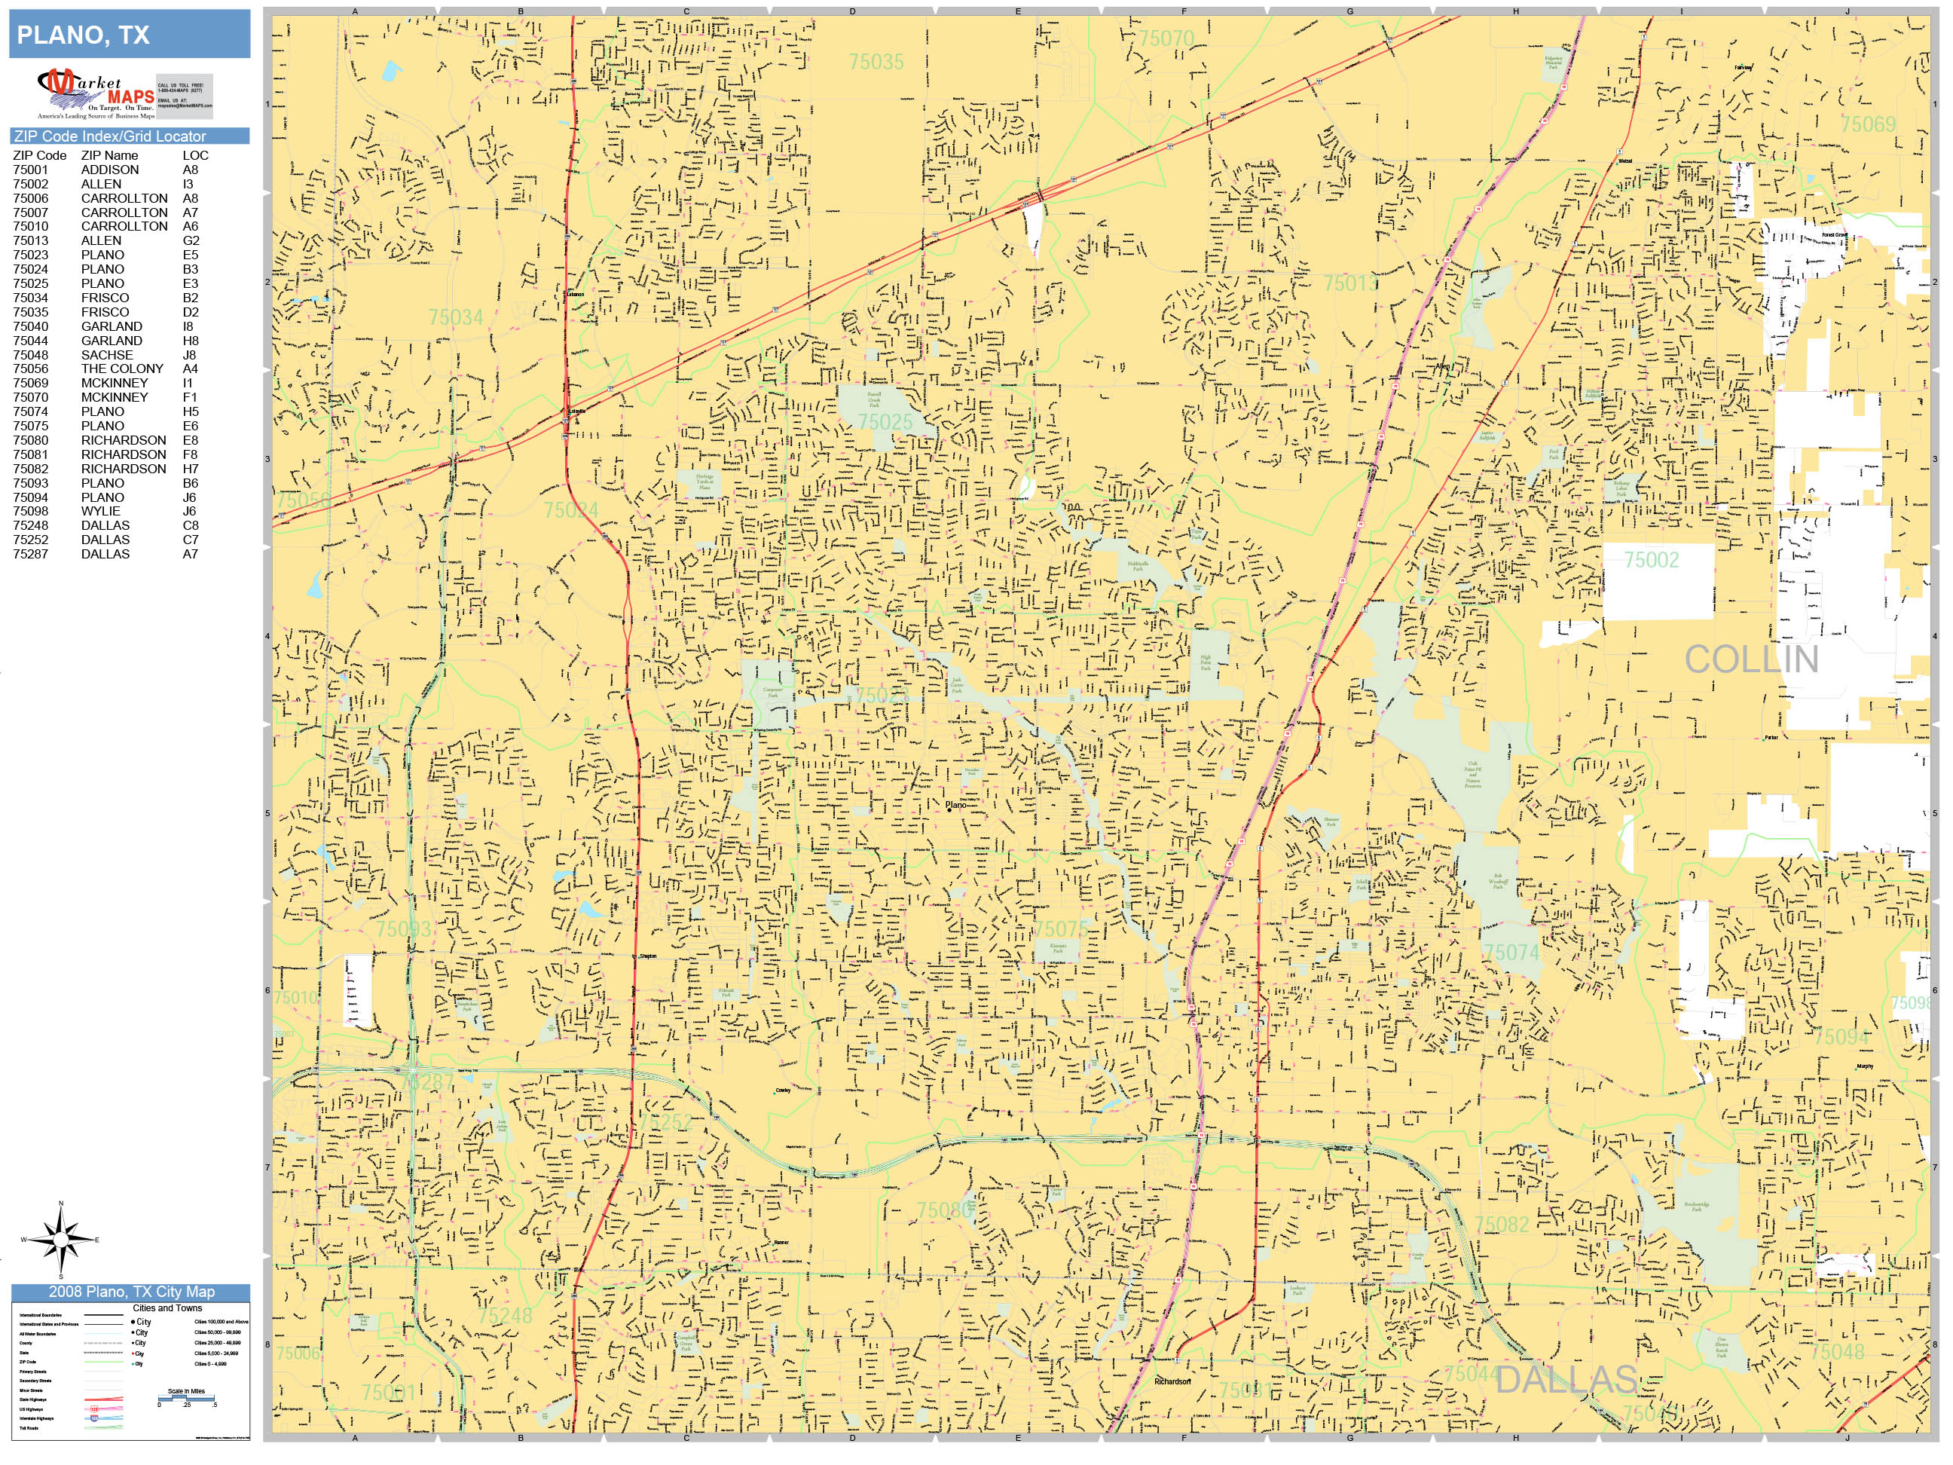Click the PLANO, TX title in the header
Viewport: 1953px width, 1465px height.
pyautogui.click(x=83, y=35)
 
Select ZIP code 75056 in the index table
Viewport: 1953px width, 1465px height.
pyautogui.click(x=31, y=369)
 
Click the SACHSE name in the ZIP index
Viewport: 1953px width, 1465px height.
pyautogui.click(x=107, y=355)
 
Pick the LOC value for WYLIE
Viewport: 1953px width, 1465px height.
pyautogui.click(x=190, y=511)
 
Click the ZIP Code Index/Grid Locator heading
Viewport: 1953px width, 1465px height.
pyautogui.click(x=109, y=136)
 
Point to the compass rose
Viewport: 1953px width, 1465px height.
pyautogui.click(x=61, y=1240)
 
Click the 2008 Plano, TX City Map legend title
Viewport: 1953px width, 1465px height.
pyautogui.click(x=130, y=1291)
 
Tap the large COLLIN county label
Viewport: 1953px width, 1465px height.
pyautogui.click(x=1751, y=659)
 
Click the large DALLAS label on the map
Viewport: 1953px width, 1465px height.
pyautogui.click(x=1566, y=1379)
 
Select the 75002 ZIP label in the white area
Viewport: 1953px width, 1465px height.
pyautogui.click(x=1651, y=560)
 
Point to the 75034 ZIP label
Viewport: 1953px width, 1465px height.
pyautogui.click(x=456, y=317)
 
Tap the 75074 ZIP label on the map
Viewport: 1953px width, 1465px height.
pyautogui.click(x=1511, y=953)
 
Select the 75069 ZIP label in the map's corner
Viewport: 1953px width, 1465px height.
pyautogui.click(x=1867, y=124)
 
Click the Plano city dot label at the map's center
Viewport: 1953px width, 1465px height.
pyautogui.click(x=955, y=806)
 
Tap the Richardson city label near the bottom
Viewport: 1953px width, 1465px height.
pyautogui.click(x=1172, y=1382)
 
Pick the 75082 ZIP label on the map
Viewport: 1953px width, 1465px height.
pyautogui.click(x=1501, y=1224)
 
